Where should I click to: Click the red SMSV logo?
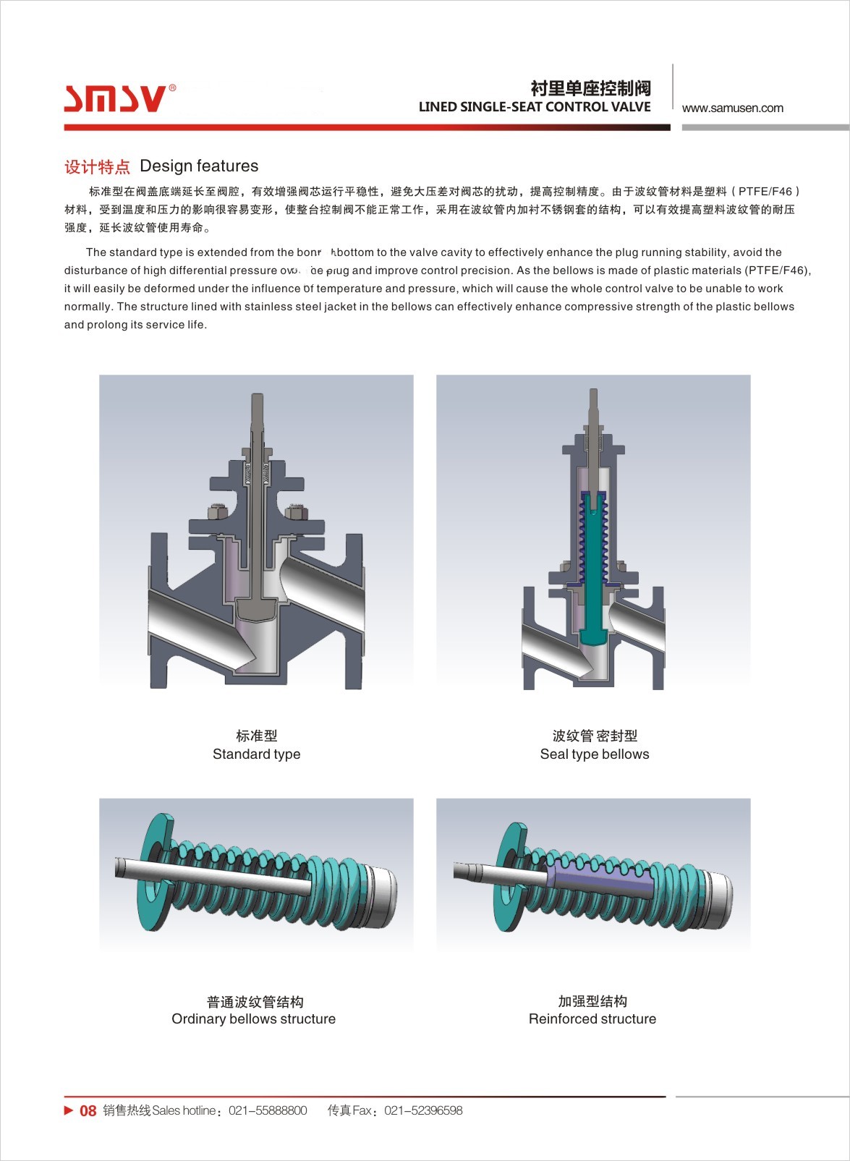[116, 98]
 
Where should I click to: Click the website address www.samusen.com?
[732, 109]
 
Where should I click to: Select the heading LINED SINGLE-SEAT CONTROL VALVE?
[535, 107]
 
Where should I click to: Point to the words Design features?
[199, 166]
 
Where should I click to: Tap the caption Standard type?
[256, 754]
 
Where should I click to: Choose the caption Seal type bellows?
[594, 754]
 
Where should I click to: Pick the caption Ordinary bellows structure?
[253, 1018]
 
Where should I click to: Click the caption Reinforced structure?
[592, 1018]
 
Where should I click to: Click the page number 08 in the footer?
[88, 1111]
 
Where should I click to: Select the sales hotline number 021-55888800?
[268, 1110]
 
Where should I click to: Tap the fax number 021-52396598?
[423, 1110]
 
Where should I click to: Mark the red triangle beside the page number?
[69, 1110]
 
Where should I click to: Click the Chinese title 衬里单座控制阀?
[590, 88]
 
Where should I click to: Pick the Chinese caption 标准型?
[256, 736]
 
